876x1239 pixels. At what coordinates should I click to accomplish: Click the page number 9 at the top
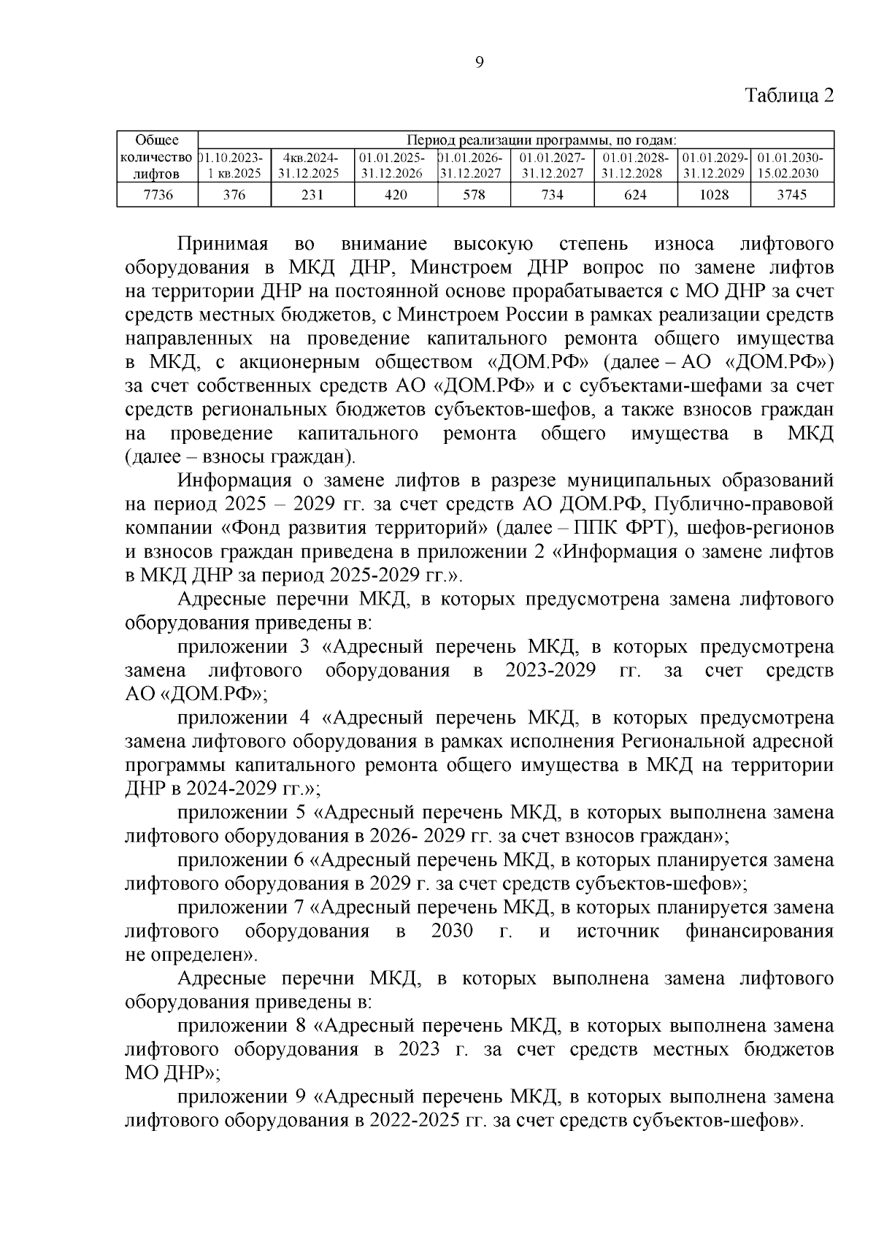coord(479,62)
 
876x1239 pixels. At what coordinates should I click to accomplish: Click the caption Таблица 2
coord(788,96)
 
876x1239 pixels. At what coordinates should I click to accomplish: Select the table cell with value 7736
coord(158,195)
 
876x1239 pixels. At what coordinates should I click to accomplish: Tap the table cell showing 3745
coord(791,195)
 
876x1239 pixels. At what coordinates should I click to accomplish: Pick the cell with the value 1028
coord(714,195)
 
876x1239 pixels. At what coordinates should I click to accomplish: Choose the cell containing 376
coord(234,195)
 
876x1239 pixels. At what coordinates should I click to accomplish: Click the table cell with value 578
coord(474,195)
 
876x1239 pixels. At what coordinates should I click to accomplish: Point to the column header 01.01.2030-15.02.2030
coord(791,166)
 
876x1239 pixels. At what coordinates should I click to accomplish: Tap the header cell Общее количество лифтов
coord(158,157)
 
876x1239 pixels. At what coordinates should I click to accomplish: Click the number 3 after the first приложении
coord(304,647)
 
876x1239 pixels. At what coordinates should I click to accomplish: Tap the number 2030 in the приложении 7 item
coord(451,931)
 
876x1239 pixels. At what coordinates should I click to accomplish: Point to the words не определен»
coord(191,954)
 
